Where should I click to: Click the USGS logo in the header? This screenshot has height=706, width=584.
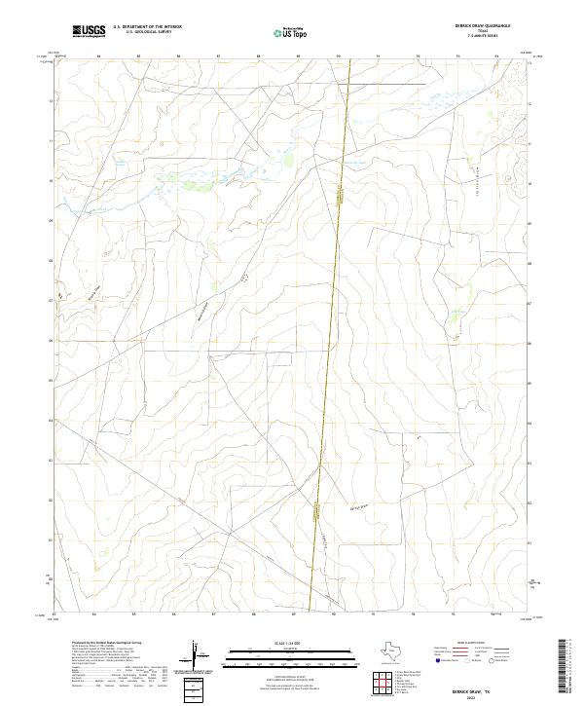[90, 31]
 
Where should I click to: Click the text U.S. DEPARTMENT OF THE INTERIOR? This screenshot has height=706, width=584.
[147, 27]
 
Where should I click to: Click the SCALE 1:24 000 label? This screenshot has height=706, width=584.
[291, 641]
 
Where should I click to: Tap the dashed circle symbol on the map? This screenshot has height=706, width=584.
[245, 278]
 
